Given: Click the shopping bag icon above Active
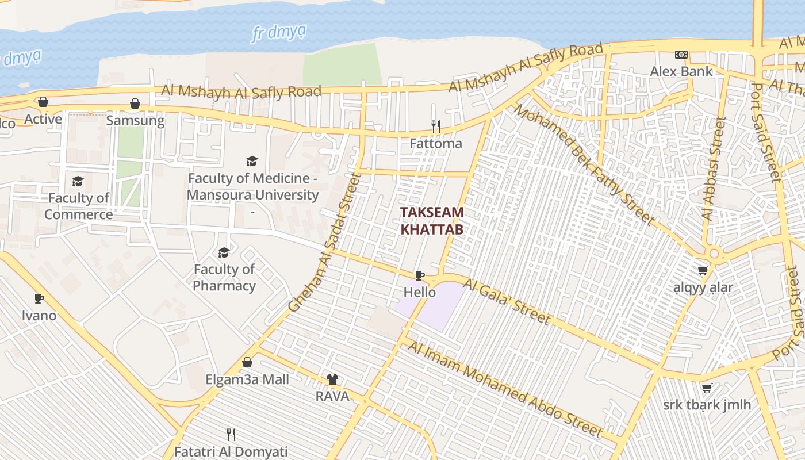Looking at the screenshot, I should click(43, 102).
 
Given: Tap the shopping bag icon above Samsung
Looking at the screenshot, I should click(135, 103).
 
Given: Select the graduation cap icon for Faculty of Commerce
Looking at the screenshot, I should click(78, 182).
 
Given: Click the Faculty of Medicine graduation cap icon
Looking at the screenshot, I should click(252, 161).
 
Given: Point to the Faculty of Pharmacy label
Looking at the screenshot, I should click(224, 277).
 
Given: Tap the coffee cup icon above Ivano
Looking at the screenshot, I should click(39, 298).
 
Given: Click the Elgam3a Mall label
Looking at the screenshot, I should click(247, 379).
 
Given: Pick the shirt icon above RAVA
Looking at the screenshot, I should click(332, 379).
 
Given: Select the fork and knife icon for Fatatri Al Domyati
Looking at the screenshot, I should click(231, 434).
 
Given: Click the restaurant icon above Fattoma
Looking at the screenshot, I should click(436, 126).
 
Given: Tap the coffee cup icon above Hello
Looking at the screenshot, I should click(420, 276).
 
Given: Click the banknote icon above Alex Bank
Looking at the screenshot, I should click(681, 55).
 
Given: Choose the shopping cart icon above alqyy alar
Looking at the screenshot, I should click(703, 270).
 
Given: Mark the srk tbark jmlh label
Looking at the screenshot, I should click(707, 405).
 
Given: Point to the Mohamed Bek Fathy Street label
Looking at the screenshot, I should click(584, 164).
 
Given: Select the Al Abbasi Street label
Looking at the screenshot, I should click(714, 170).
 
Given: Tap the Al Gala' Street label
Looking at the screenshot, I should click(507, 302).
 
